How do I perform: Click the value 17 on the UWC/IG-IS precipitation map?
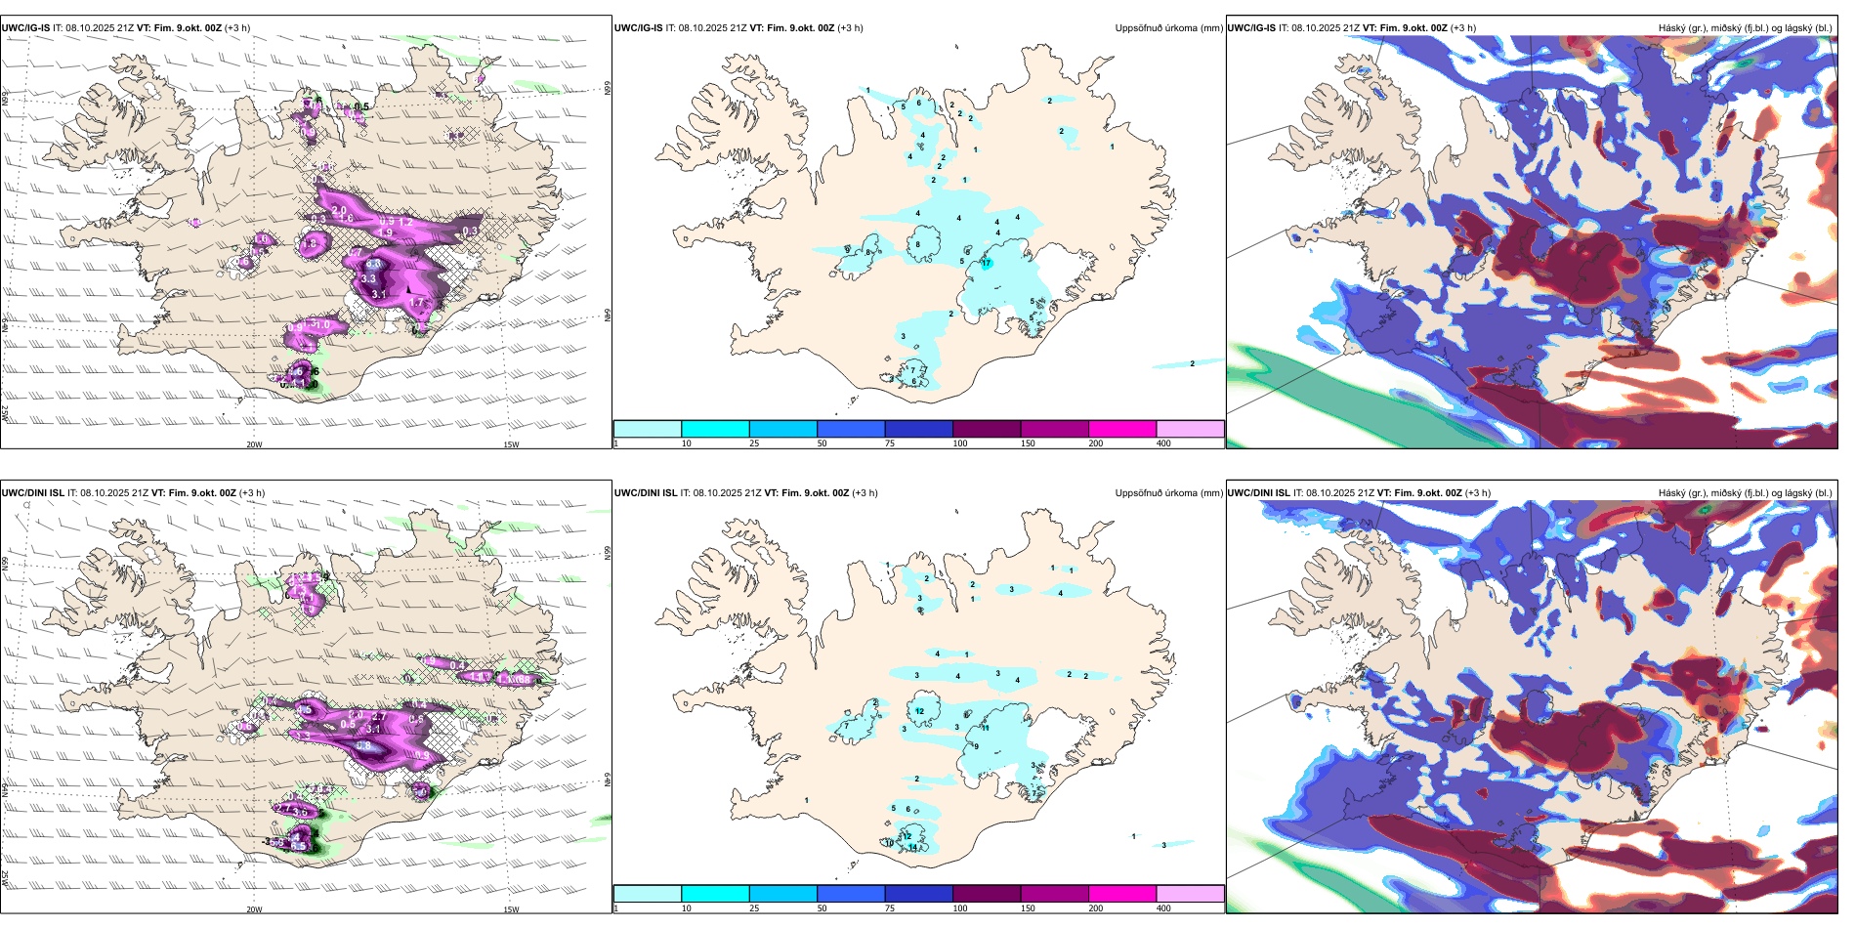pyautogui.click(x=987, y=263)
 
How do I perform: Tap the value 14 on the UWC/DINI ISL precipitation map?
pyautogui.click(x=913, y=848)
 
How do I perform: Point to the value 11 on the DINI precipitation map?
pyautogui.click(x=986, y=728)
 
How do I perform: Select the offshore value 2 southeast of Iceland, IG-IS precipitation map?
pyautogui.click(x=1192, y=363)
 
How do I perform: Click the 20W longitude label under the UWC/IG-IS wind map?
pyautogui.click(x=254, y=444)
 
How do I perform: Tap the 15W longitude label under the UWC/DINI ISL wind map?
pyautogui.click(x=510, y=909)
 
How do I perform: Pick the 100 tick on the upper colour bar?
pyautogui.click(x=960, y=443)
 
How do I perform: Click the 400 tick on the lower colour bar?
pyautogui.click(x=1163, y=908)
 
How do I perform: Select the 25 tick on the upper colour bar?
pyautogui.click(x=754, y=443)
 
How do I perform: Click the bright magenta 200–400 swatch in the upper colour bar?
pyautogui.click(x=1122, y=429)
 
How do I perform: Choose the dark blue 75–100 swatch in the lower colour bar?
pyautogui.click(x=918, y=894)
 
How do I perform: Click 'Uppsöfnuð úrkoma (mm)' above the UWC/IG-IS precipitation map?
pyautogui.click(x=1168, y=28)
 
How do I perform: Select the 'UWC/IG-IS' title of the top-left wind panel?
pyautogui.click(x=25, y=28)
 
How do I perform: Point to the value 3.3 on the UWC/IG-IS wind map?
pyautogui.click(x=368, y=279)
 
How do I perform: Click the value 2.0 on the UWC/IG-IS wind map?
pyautogui.click(x=339, y=210)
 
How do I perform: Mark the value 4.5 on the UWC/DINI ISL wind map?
pyautogui.click(x=299, y=846)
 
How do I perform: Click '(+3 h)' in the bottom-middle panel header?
pyautogui.click(x=865, y=493)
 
